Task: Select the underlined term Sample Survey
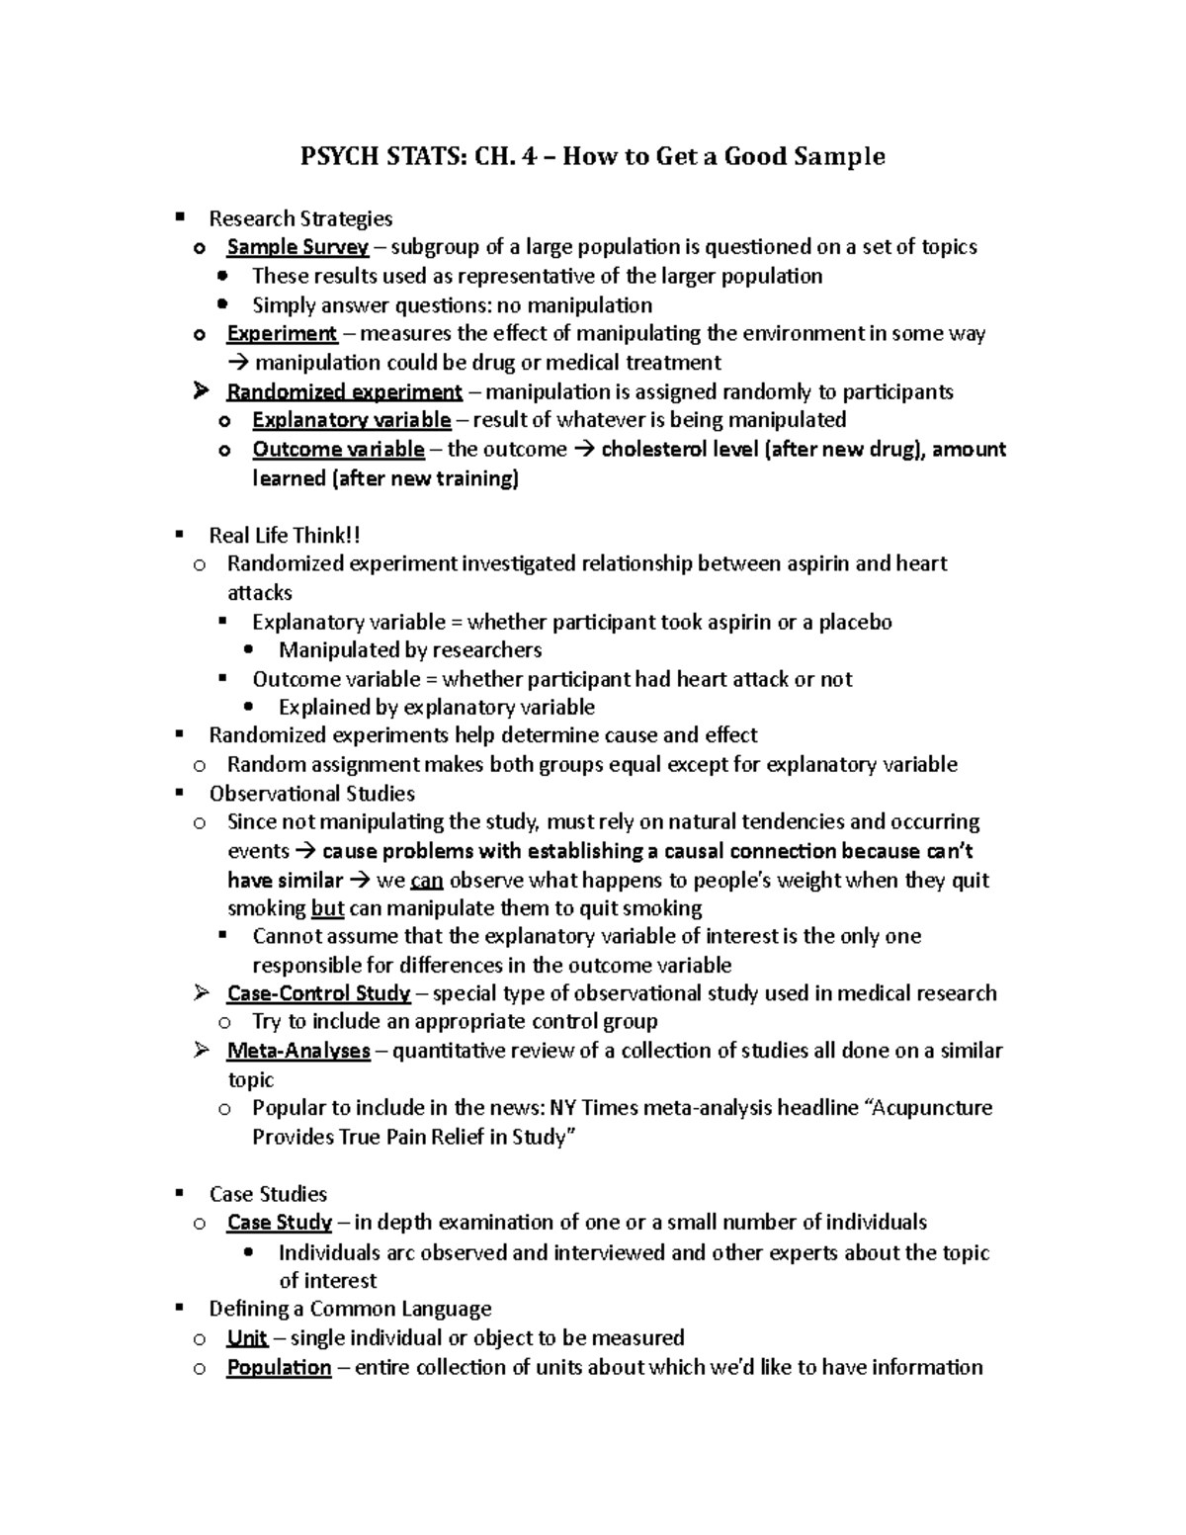tap(297, 247)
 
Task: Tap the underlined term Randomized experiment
tap(344, 392)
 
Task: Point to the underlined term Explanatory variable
tap(352, 420)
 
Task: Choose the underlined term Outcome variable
tap(338, 450)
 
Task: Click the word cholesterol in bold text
tap(655, 450)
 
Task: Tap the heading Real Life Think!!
tap(285, 536)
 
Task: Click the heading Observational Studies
tap(311, 794)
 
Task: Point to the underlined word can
tap(427, 881)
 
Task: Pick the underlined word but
tap(327, 908)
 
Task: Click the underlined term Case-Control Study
tap(318, 993)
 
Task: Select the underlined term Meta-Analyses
tap(298, 1051)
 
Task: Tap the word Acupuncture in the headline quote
tap(934, 1108)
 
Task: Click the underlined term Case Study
tap(280, 1223)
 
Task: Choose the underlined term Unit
tap(247, 1338)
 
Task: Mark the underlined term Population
tap(279, 1368)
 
